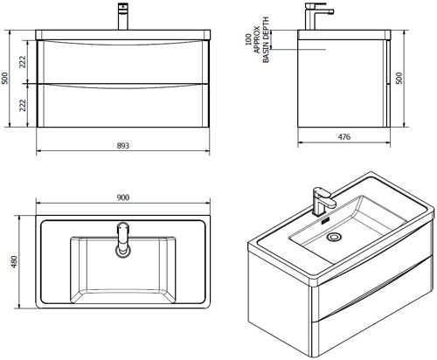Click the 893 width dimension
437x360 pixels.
point(122,145)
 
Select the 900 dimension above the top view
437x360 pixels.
point(122,198)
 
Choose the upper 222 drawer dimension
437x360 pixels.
point(24,60)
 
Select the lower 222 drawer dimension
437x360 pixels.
point(24,104)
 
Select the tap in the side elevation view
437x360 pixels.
point(316,17)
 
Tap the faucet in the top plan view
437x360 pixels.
point(122,241)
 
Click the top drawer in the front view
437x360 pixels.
point(122,61)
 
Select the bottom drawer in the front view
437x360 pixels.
point(122,105)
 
